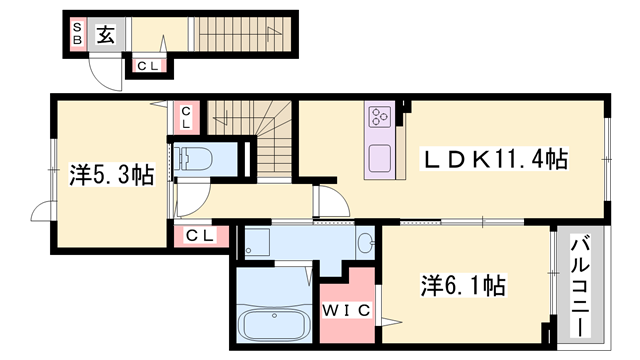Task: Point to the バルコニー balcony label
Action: (x=580, y=284)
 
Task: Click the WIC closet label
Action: (x=346, y=310)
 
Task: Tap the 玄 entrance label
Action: (x=106, y=35)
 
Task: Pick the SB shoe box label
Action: (x=75, y=34)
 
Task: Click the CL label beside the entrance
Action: (x=148, y=66)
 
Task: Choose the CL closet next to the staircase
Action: (x=187, y=117)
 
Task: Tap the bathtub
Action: (x=269, y=325)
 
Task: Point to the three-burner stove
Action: (x=379, y=118)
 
